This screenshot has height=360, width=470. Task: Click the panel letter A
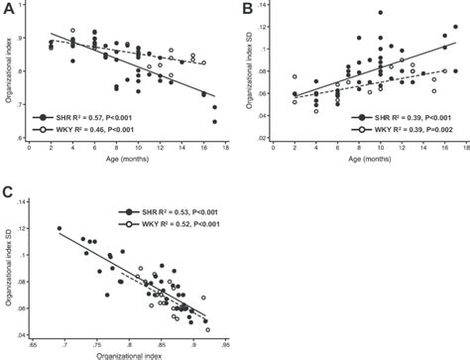(8, 9)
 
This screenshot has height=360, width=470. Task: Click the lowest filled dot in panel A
(214, 122)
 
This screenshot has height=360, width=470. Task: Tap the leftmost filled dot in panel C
(59, 228)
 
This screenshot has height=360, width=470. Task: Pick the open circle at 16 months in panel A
(203, 62)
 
